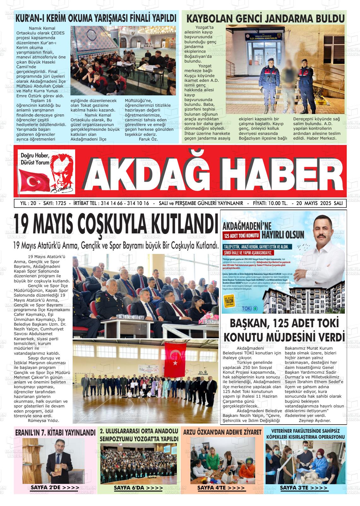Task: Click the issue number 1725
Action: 60,203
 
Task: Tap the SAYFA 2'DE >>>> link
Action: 55,488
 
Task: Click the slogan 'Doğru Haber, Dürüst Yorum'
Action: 35,159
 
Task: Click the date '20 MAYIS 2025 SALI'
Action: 320,203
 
